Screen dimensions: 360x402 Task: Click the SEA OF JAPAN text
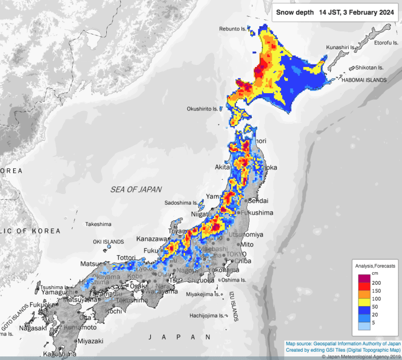click(x=136, y=189)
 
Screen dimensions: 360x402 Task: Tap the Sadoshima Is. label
click(x=181, y=203)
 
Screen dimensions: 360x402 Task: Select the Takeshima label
click(x=98, y=224)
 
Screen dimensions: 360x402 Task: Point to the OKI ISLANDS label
click(x=108, y=242)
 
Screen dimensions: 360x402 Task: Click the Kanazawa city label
click(x=151, y=239)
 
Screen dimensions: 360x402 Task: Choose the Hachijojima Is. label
click(x=207, y=316)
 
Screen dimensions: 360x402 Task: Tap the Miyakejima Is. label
click(x=204, y=294)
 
